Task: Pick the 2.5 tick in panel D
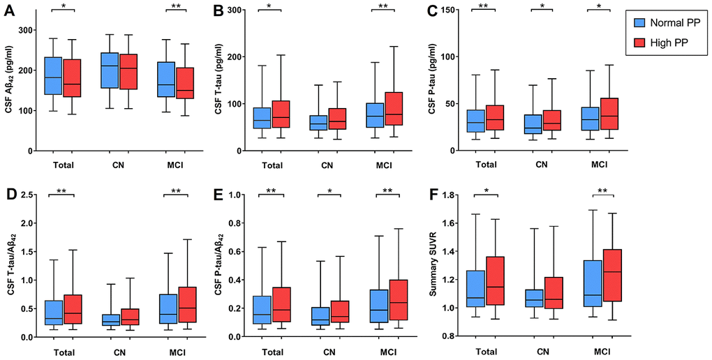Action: tap(29, 194)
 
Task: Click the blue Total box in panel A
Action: tap(53, 76)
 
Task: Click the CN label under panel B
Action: tap(327, 166)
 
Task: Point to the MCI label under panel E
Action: tap(387, 352)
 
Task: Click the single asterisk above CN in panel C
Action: tap(541, 6)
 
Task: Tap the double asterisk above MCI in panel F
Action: tap(598, 191)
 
